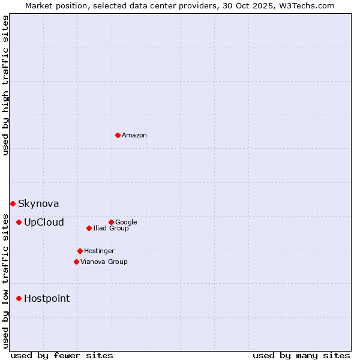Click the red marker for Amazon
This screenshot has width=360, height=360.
118,135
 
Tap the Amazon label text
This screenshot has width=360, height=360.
134,136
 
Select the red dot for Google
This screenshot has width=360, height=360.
111,222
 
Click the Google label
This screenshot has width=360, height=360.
126,223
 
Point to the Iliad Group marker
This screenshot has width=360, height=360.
89,228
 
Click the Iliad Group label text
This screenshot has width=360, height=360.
111,229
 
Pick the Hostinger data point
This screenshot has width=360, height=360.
80,251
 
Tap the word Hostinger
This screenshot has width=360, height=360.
99,251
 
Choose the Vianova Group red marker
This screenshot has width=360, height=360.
76,262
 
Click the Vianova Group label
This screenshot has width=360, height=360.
104,262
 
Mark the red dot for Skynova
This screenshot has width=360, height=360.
13,203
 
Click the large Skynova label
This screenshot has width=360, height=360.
38,204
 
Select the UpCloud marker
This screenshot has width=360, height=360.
19,222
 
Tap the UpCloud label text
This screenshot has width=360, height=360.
44,223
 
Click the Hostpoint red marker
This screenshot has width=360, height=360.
19,298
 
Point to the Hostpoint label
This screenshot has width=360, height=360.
47,299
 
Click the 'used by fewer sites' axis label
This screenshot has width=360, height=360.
62,356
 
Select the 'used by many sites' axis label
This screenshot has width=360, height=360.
301,356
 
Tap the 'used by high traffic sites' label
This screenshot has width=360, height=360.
5,85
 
